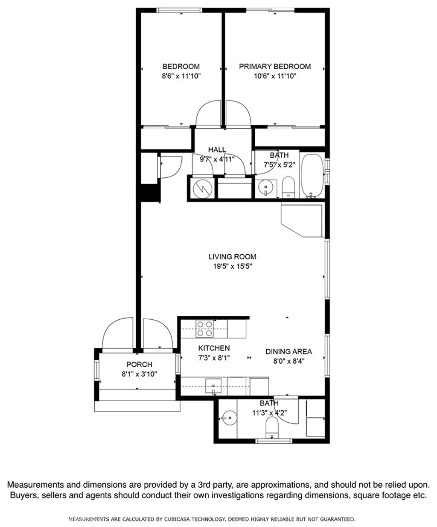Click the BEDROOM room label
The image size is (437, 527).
point(181,66)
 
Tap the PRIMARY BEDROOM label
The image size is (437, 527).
point(274,66)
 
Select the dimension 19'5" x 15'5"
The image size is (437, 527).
point(232,266)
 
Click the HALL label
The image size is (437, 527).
point(217,150)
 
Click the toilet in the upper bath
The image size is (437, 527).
point(289,188)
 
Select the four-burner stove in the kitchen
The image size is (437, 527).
point(204,329)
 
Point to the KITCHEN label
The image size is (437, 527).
point(214,348)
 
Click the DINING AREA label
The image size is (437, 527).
point(288,351)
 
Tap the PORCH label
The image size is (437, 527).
point(139,365)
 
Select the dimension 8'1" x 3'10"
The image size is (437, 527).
point(139,374)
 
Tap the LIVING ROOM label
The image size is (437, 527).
point(232,257)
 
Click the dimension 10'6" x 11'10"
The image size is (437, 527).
point(274,76)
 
